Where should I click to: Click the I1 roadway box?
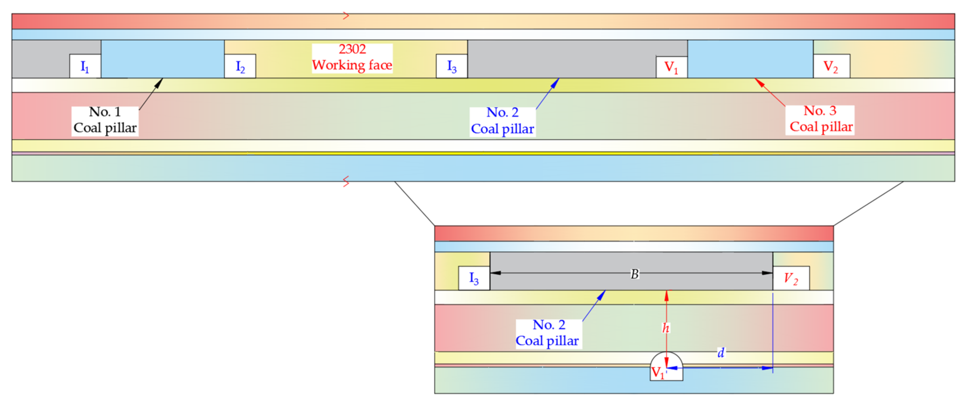point(85,67)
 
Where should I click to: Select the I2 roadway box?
point(240,67)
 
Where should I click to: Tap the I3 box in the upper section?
point(451,67)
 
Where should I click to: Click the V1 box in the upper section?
point(671,67)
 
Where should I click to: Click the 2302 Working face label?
point(352,57)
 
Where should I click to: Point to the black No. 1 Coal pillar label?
point(105,120)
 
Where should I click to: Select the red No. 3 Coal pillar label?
point(820,119)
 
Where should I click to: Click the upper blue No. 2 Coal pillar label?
point(502,121)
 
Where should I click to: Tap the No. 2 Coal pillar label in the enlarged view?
point(548,333)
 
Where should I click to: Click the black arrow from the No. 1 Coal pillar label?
point(151,94)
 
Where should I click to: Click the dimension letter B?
point(634,274)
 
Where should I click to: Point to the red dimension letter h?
point(665,328)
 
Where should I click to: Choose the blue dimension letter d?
point(721,353)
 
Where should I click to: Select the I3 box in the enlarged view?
point(474,278)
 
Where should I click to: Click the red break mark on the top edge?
point(346,16)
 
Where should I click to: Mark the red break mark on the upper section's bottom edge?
point(346,182)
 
